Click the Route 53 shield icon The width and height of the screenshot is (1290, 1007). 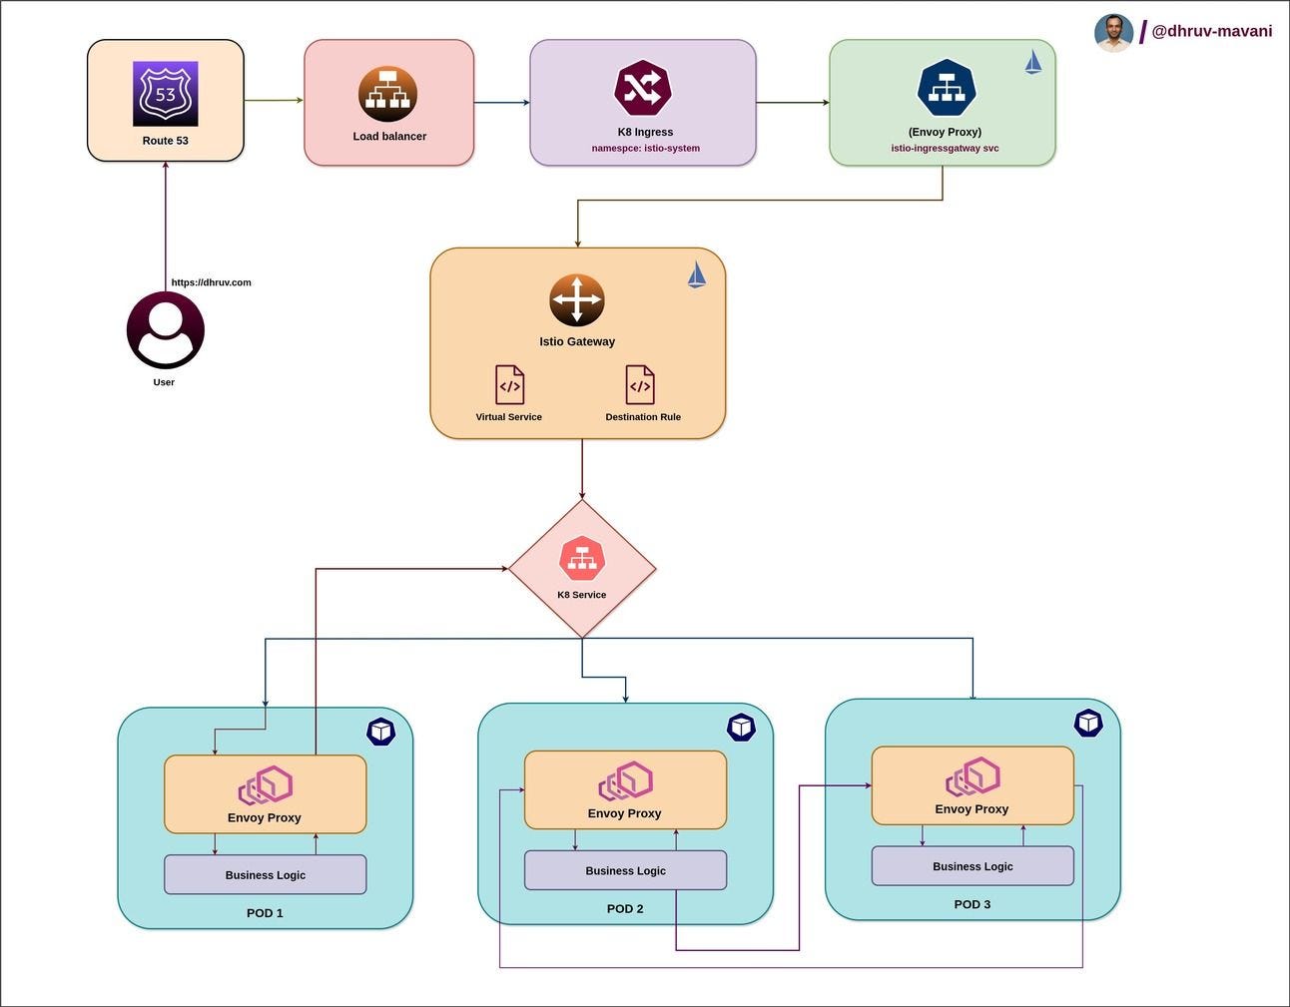pos(165,94)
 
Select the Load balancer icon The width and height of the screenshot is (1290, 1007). pos(387,94)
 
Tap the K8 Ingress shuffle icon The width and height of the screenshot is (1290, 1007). pos(643,88)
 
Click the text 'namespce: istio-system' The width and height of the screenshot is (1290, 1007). pos(645,148)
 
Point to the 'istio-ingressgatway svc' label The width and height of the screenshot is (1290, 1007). pos(945,148)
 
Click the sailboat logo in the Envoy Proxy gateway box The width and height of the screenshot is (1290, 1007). pos(1033,63)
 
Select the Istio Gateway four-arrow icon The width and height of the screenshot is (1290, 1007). pos(576,299)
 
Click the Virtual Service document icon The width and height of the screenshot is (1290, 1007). pos(509,385)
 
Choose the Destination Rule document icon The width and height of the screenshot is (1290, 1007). pos(640,385)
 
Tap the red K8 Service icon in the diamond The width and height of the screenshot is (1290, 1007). pos(582,558)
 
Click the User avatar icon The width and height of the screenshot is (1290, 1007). pos(165,330)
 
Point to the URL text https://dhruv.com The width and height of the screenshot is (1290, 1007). pos(211,282)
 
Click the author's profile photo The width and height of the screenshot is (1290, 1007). pos(1113,32)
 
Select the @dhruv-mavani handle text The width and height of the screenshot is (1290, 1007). pos(1211,31)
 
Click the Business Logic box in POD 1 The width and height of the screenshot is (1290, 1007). pos(265,874)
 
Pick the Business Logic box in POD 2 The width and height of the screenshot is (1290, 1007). pos(625,870)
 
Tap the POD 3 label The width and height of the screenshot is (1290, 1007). pos(971,904)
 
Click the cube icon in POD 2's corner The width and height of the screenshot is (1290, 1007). pos(741,728)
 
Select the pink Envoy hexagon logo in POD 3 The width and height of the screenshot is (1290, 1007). pos(972,777)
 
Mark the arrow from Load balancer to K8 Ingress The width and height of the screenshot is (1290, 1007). pos(501,102)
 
